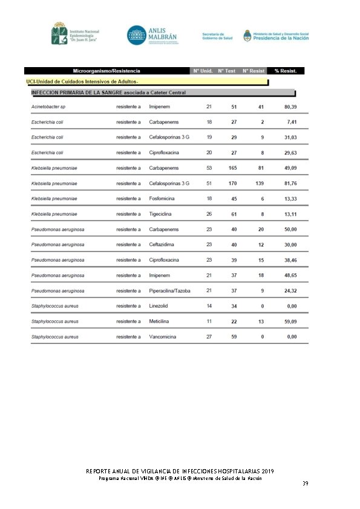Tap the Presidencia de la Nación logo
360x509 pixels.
(276, 36)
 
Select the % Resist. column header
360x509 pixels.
(285, 71)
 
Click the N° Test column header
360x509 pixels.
(227, 71)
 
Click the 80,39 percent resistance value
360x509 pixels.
(290, 106)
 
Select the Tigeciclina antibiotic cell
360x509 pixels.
(162, 214)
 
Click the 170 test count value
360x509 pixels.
(234, 183)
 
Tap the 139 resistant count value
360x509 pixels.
(260, 183)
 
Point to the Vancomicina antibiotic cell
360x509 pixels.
(164, 337)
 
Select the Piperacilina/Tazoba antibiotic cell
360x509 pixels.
(170, 290)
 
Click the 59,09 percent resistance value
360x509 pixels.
(290, 321)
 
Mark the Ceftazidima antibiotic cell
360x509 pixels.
(162, 244)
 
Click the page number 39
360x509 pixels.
(305, 484)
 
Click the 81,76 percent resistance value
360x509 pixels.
(290, 183)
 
